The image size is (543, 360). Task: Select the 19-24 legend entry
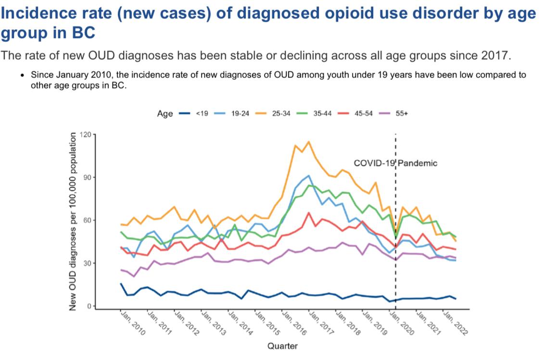coord(232,114)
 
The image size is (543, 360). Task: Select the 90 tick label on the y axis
coord(87,177)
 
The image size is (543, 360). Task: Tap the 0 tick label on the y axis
coord(89,306)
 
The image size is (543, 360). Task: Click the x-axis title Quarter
coord(282,346)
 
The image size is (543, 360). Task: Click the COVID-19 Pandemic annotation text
coord(395,163)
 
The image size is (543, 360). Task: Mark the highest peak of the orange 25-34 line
coord(308,141)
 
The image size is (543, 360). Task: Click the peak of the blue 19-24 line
coord(308,176)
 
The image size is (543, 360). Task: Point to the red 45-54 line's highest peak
coord(308,212)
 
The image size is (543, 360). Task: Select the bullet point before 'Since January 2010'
coord(22,76)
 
